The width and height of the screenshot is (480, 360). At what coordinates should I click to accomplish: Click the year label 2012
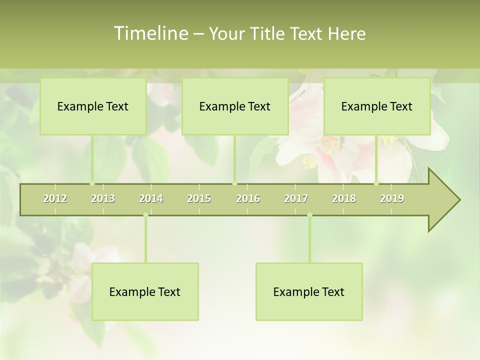click(x=55, y=198)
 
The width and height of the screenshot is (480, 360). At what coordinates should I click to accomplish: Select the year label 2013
click(x=103, y=198)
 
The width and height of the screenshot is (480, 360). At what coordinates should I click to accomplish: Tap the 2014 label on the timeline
click(x=151, y=198)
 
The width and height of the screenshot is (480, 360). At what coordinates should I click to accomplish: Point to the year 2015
click(x=199, y=198)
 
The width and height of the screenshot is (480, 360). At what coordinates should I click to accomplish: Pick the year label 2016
click(x=248, y=198)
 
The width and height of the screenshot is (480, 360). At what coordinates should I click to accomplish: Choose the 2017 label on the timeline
click(x=296, y=198)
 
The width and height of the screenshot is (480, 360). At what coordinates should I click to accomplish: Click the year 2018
click(x=344, y=198)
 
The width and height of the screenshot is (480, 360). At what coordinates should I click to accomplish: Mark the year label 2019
click(x=392, y=198)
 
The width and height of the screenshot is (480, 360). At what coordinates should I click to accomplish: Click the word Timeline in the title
click(x=150, y=33)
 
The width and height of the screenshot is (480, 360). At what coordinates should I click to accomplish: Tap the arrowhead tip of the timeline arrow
click(x=459, y=200)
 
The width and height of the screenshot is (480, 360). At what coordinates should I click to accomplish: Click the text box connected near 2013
click(x=93, y=106)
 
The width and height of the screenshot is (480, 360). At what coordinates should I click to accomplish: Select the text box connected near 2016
click(x=235, y=106)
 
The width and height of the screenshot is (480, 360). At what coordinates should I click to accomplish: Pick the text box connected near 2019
click(x=377, y=106)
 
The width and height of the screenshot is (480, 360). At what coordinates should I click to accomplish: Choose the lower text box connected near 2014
click(x=145, y=291)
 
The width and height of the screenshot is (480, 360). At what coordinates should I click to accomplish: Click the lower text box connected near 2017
click(x=309, y=291)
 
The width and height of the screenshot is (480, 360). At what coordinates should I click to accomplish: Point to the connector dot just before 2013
click(x=92, y=183)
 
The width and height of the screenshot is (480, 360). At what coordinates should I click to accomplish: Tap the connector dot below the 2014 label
click(x=145, y=215)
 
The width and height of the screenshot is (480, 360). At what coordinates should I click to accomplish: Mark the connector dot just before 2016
click(x=234, y=183)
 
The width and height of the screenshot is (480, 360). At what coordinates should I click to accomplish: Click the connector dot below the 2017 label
click(x=309, y=215)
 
